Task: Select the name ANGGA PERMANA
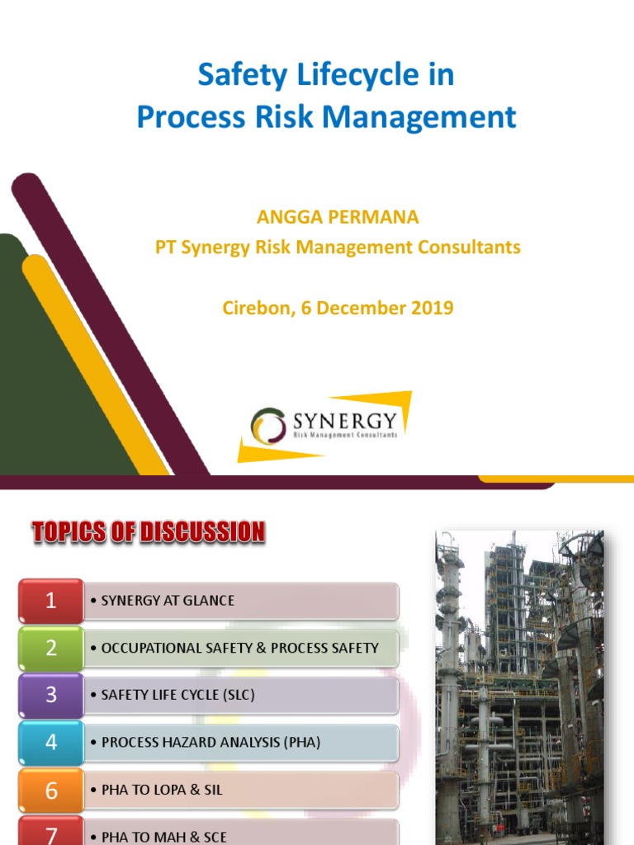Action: [x=338, y=218]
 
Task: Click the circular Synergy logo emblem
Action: [x=268, y=425]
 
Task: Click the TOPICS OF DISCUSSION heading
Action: [x=149, y=532]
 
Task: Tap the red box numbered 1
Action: [x=51, y=601]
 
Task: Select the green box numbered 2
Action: [x=51, y=648]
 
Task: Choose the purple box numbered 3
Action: [x=51, y=695]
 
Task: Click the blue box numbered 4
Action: [x=51, y=742]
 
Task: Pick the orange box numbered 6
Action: [x=51, y=790]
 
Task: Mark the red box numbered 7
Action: [x=51, y=833]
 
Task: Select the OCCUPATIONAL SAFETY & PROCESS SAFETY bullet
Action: [x=239, y=648]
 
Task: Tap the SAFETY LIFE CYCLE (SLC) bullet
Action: [x=177, y=695]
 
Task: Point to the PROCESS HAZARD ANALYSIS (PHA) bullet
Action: [x=211, y=742]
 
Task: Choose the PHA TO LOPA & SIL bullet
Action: [x=162, y=790]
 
